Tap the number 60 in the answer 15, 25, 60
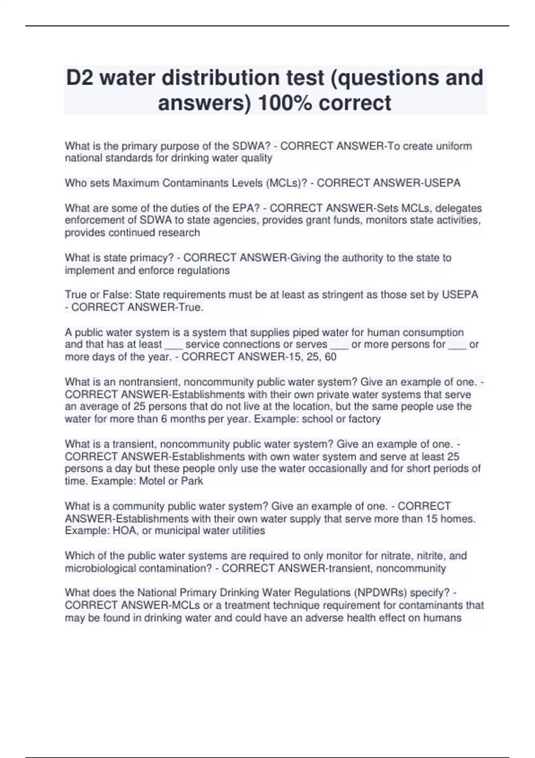tap(330, 357)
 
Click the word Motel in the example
tap(152, 481)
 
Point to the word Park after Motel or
tap(192, 481)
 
